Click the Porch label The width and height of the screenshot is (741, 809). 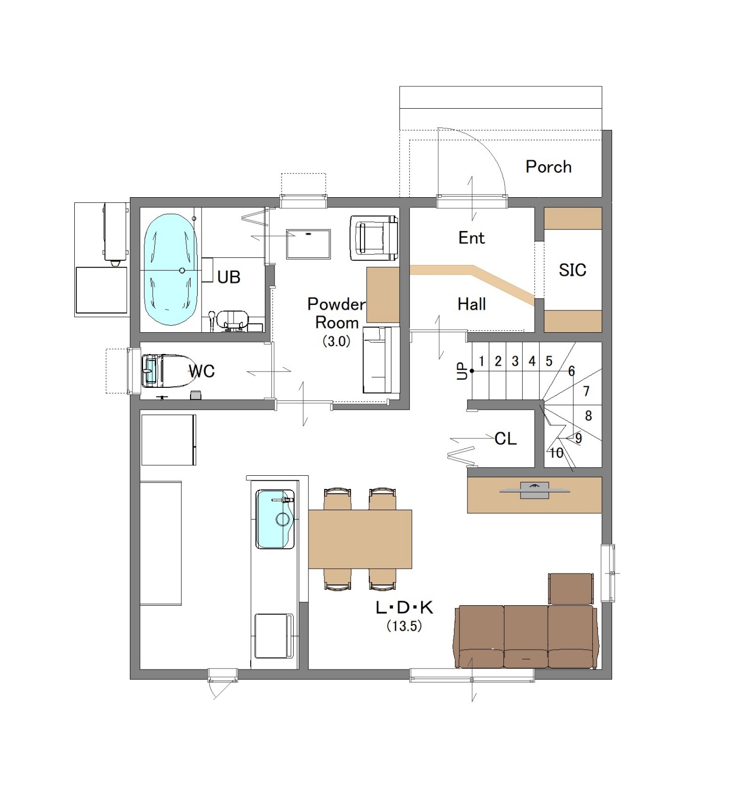(x=548, y=166)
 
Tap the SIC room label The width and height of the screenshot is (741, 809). (x=572, y=270)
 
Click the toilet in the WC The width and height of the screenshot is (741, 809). (x=162, y=371)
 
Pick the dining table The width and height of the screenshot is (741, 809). (x=360, y=539)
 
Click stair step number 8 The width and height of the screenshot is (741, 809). (x=588, y=416)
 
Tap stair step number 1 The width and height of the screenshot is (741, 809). (x=482, y=361)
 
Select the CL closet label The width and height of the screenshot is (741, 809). (x=505, y=438)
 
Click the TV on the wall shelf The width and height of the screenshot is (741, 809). (x=535, y=490)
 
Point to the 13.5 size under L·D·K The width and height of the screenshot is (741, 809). (x=404, y=626)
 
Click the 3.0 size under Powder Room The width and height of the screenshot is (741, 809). (x=337, y=341)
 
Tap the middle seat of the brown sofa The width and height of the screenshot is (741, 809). (x=526, y=637)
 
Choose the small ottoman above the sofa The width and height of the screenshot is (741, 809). (x=571, y=589)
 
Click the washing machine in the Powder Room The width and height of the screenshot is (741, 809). (x=374, y=238)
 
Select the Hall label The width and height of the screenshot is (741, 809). (x=472, y=304)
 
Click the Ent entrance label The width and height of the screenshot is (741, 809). (x=472, y=238)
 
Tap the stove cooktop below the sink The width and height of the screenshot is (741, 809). (x=274, y=636)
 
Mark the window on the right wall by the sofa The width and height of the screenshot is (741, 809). (x=609, y=573)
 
